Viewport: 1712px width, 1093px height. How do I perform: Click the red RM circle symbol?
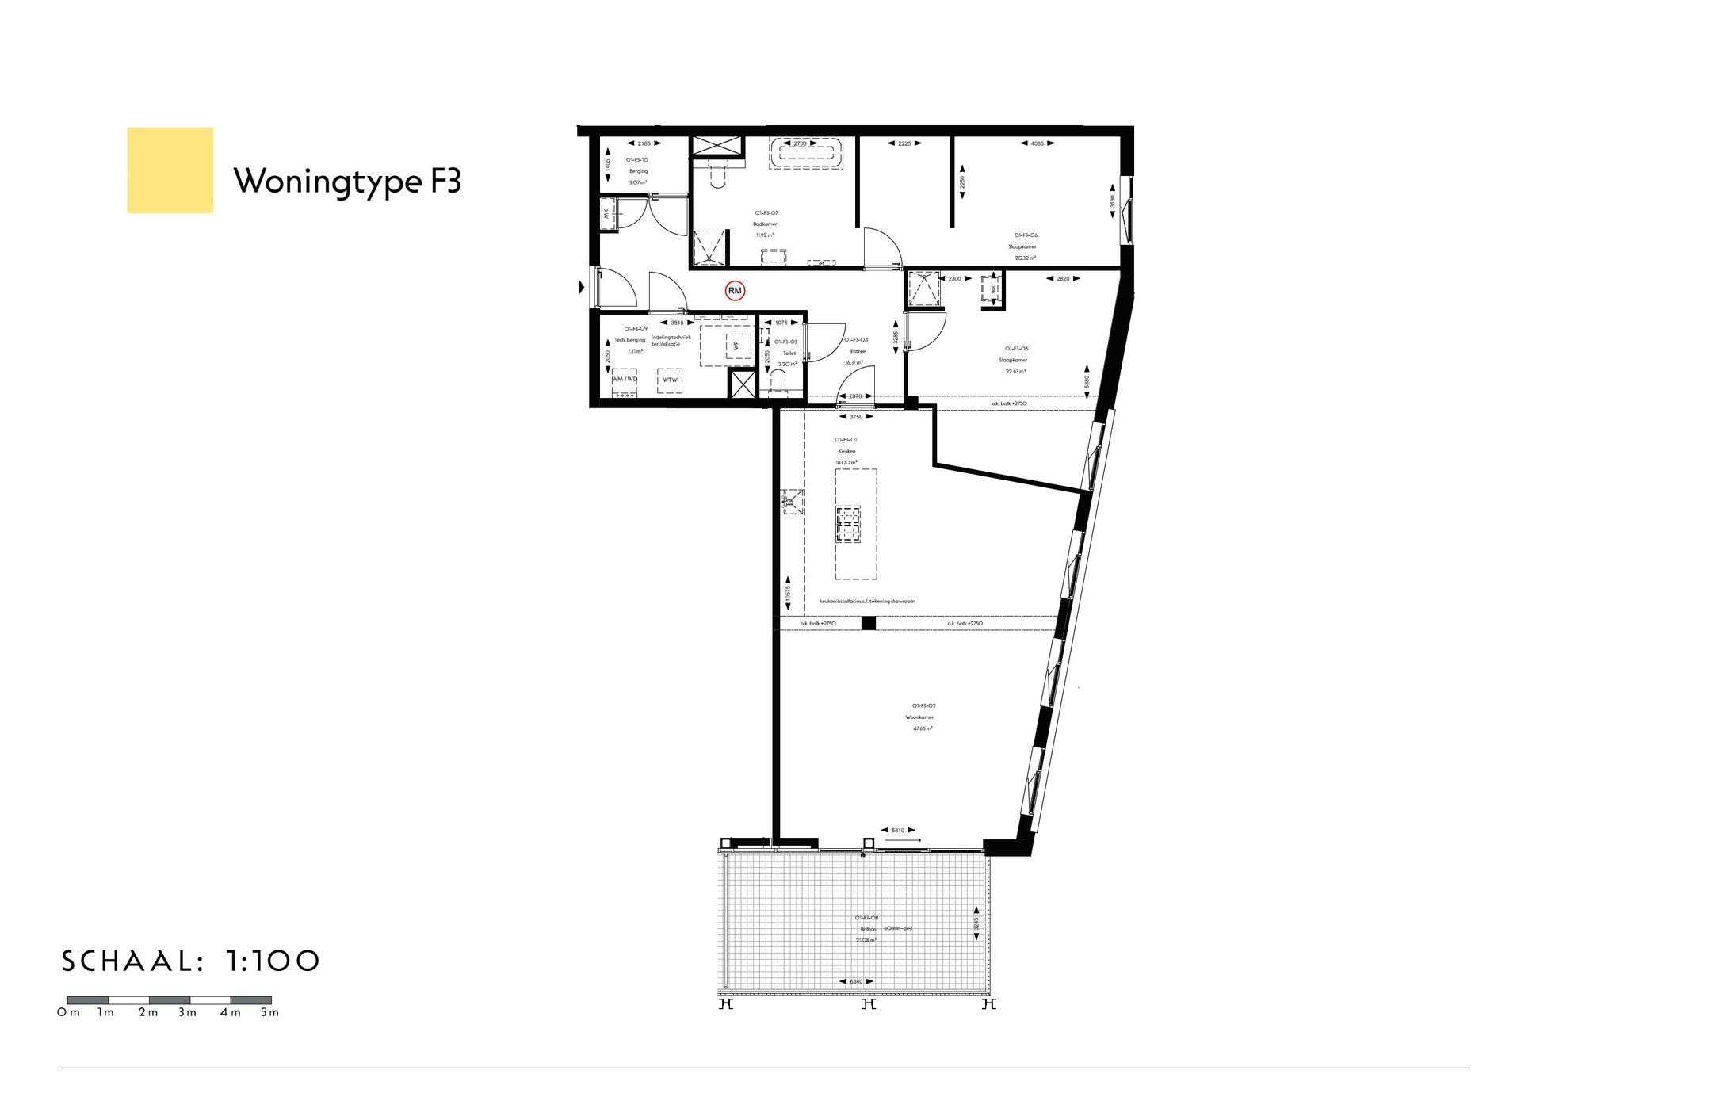click(735, 291)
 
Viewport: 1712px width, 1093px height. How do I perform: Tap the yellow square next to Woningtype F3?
click(170, 170)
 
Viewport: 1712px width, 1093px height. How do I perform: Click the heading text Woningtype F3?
click(347, 182)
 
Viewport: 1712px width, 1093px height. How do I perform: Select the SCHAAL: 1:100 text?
click(191, 961)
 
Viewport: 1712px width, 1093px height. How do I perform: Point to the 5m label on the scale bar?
click(269, 1013)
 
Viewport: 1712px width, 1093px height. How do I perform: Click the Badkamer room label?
click(765, 224)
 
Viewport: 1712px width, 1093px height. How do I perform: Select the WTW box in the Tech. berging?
click(670, 380)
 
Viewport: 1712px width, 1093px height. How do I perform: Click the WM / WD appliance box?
click(624, 380)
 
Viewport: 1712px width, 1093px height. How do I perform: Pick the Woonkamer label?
click(919, 717)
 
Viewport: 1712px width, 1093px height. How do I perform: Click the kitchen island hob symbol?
click(847, 524)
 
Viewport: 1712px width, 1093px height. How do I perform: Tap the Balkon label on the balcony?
click(867, 929)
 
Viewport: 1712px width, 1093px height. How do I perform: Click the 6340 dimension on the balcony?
click(857, 982)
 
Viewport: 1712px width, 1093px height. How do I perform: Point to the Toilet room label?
click(789, 354)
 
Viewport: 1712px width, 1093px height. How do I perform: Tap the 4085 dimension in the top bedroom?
click(1037, 143)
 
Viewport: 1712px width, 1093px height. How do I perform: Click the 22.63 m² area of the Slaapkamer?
click(1015, 371)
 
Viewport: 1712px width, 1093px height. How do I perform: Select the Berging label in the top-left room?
click(638, 171)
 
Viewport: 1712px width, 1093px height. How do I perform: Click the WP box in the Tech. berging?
click(736, 346)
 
